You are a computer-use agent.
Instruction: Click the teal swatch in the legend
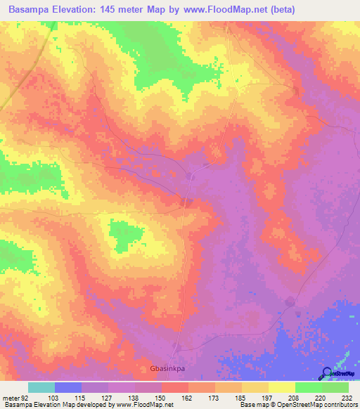[41, 387]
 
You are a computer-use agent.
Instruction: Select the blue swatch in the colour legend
[68, 387]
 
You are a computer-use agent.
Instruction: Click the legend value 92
[27, 398]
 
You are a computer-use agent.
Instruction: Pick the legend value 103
[53, 398]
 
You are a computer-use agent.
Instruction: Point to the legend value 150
[160, 398]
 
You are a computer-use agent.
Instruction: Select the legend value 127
[106, 398]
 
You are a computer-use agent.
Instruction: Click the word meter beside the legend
[10, 398]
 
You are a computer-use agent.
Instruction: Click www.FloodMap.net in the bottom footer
[137, 405]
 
